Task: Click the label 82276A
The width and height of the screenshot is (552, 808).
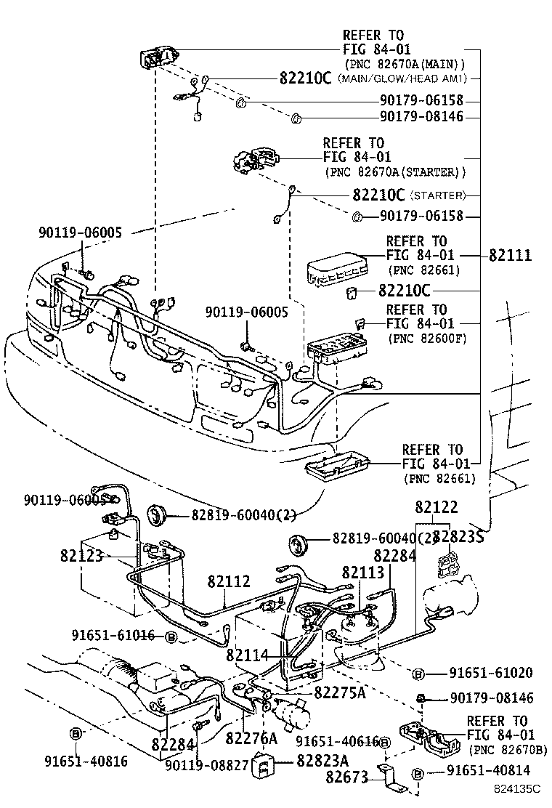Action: (251, 738)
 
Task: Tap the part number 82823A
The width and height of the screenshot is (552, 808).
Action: (322, 760)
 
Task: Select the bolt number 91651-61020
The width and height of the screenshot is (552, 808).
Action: (490, 674)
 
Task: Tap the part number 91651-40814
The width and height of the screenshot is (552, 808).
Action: (488, 771)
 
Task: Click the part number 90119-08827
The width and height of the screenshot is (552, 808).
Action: (207, 765)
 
